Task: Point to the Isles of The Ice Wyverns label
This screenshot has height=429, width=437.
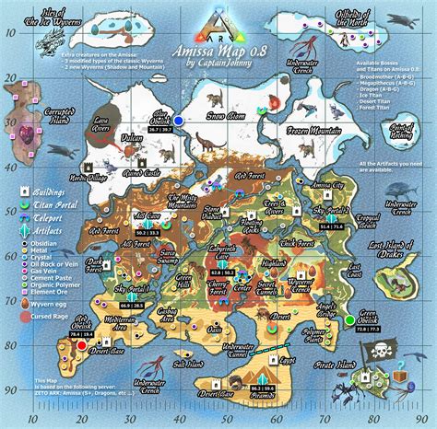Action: (43, 15)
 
